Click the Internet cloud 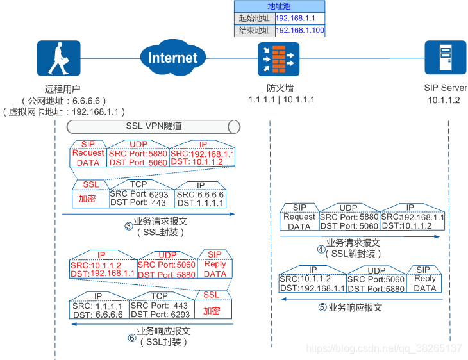(172, 58)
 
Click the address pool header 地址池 (281, 6)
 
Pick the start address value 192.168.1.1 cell (299, 18)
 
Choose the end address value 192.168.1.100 (299, 30)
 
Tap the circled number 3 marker (128, 225)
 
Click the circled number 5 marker (322, 307)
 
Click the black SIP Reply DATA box (425, 280)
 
